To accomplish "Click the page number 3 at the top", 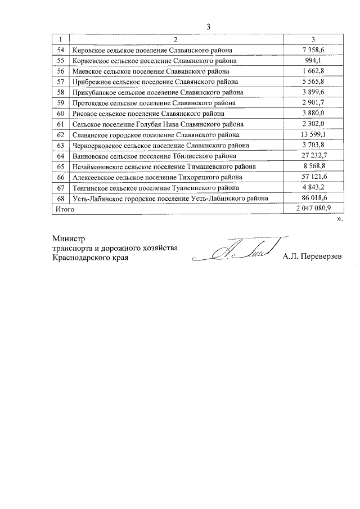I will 208,26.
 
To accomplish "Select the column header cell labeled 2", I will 175,39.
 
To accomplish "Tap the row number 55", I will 60,60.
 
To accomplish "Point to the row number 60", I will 60,114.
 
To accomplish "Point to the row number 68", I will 60,198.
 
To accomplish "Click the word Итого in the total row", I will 63,209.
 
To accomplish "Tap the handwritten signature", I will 236,250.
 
